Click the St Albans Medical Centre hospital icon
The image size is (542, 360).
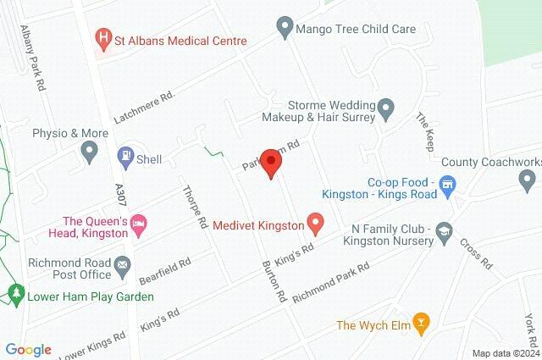point(103,38)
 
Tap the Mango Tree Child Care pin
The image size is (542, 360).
point(285,28)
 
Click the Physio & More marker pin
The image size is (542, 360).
point(89,152)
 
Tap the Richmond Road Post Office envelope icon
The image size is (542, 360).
point(123,268)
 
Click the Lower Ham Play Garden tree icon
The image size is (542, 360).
point(14,296)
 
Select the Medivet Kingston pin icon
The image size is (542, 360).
point(315,224)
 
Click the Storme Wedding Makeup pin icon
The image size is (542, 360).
point(386,108)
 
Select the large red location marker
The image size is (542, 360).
point(270,163)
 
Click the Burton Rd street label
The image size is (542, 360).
point(271,281)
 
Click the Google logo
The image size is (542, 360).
point(28,350)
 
